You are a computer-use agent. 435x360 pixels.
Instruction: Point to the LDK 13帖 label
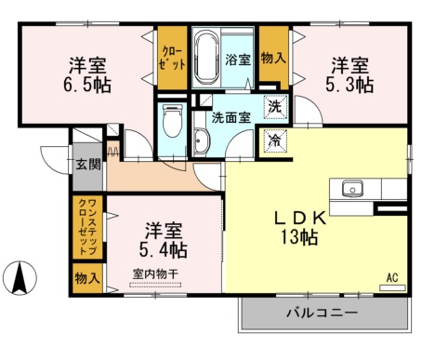[x=298, y=227]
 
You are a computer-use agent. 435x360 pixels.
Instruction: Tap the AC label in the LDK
[x=392, y=276]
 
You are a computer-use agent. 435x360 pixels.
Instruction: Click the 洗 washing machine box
[x=273, y=106]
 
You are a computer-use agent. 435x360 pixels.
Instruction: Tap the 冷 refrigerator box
[x=273, y=140]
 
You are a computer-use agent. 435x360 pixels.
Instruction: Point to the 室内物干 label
[x=155, y=273]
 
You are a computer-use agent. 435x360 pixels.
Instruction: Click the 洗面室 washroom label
[x=231, y=118]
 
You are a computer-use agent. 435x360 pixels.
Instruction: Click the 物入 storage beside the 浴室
[x=273, y=59]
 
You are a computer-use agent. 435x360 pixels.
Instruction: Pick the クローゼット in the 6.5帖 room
[x=172, y=59]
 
